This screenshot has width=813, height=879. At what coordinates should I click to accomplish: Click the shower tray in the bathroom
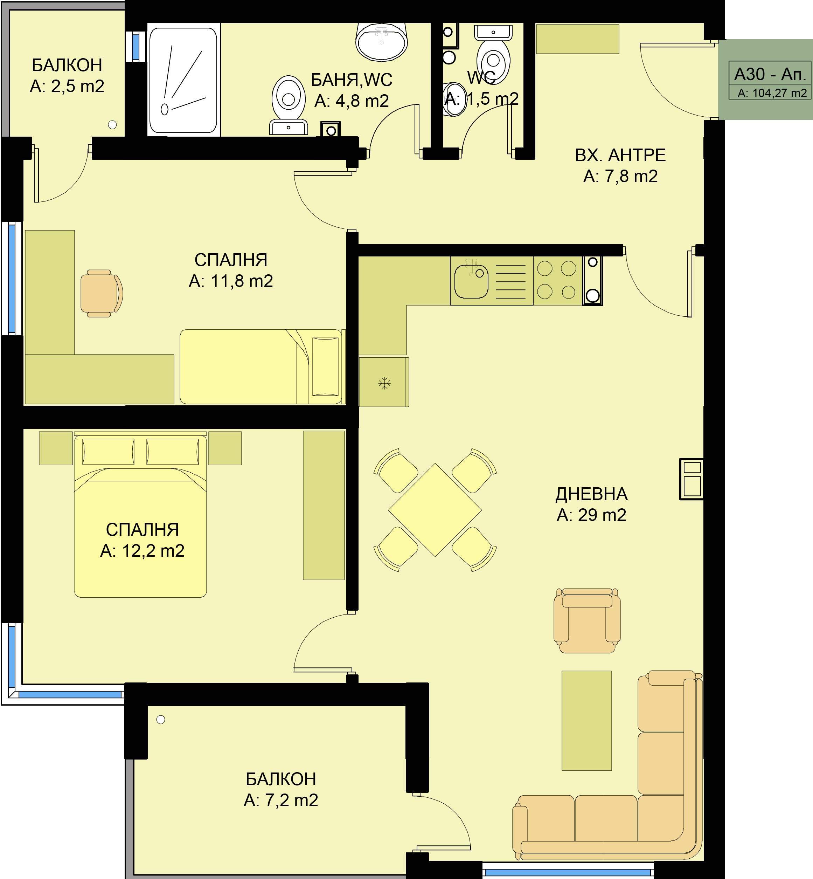pyautogui.click(x=183, y=80)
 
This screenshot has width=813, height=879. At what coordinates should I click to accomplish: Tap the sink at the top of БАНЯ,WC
pyautogui.click(x=381, y=41)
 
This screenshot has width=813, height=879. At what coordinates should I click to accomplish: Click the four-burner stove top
pyautogui.click(x=557, y=280)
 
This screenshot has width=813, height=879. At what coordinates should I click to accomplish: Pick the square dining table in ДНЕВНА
pyautogui.click(x=435, y=510)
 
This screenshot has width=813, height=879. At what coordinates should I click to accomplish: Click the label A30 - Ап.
pyautogui.click(x=770, y=74)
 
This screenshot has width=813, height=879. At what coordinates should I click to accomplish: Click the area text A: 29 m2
pyautogui.click(x=591, y=515)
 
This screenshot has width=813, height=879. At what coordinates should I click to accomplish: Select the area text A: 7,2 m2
pyautogui.click(x=281, y=800)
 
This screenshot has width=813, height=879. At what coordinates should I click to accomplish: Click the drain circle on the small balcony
pyautogui.click(x=113, y=125)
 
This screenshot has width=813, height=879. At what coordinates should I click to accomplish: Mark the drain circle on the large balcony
pyautogui.click(x=161, y=719)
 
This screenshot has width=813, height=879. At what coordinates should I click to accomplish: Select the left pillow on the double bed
pyautogui.click(x=108, y=451)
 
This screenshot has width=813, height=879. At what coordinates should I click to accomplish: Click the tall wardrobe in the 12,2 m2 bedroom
pyautogui.click(x=324, y=505)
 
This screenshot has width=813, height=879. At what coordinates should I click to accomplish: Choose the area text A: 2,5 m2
pyautogui.click(x=67, y=86)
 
